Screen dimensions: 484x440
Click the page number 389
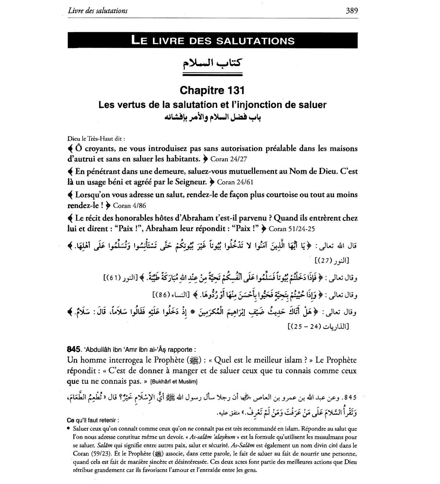click(x=351, y=11)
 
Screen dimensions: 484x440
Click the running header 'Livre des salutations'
click(x=98, y=11)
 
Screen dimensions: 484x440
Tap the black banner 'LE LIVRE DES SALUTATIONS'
click(x=212, y=40)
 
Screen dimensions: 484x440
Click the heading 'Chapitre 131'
click(x=212, y=90)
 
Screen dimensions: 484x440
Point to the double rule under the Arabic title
click(x=212, y=75)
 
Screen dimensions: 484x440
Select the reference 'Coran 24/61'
click(x=235, y=182)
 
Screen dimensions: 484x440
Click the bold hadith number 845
click(x=73, y=349)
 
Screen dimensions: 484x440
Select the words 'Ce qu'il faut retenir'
click(x=93, y=420)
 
